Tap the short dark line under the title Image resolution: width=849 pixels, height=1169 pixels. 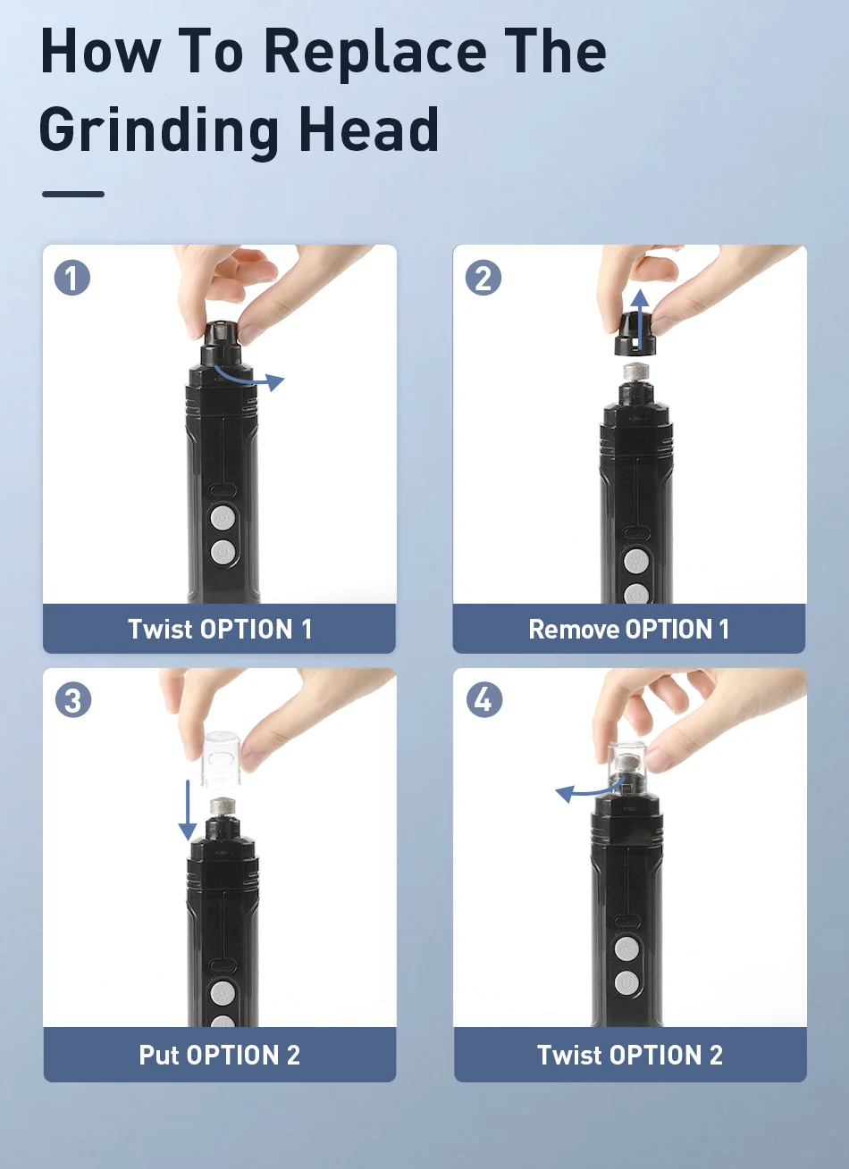point(73,194)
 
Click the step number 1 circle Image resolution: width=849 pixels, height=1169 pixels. point(72,278)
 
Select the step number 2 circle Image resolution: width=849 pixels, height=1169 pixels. point(483,278)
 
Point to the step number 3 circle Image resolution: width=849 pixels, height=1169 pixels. point(73,700)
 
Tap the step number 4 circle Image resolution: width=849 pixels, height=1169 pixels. point(484,700)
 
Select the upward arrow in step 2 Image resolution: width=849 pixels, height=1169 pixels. point(640,320)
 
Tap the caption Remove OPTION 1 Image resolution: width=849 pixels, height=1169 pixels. point(628,629)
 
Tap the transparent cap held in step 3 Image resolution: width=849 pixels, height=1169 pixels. point(222,760)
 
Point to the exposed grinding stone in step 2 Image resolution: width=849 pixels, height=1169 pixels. point(635,373)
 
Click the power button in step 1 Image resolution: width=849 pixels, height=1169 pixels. point(223,552)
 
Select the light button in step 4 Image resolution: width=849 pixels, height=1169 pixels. point(626,948)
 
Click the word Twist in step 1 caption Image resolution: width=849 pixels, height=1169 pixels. point(160,629)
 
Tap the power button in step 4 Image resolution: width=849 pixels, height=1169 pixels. point(626,983)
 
